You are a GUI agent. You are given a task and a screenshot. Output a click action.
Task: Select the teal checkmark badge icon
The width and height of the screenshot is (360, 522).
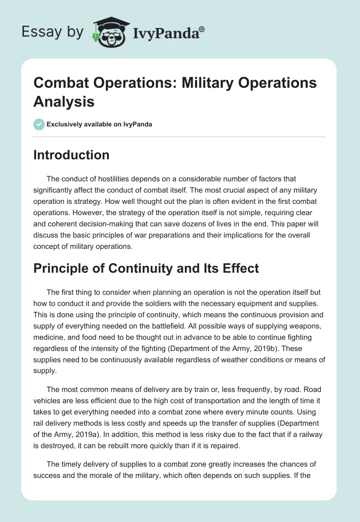[x=39, y=124]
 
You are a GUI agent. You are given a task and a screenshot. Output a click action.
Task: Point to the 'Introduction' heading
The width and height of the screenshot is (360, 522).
[x=72, y=155]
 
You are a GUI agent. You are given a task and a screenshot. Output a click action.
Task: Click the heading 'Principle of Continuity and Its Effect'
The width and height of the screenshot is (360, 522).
[x=146, y=269]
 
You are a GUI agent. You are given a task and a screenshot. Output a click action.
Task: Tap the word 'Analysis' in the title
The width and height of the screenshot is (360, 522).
[x=64, y=101]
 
